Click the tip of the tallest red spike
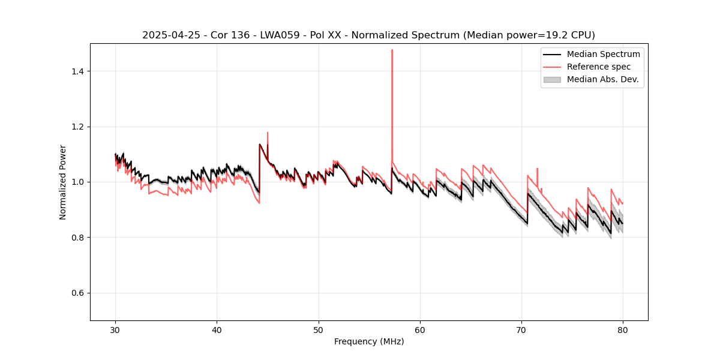click(392, 50)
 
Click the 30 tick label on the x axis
click(116, 330)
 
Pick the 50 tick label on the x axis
click(319, 330)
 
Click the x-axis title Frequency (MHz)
click(369, 341)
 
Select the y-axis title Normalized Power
click(63, 182)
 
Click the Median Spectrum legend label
click(603, 54)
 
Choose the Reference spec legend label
click(599, 67)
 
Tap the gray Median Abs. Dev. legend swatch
click(552, 79)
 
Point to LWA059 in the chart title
click(277, 35)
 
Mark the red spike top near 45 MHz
click(268, 133)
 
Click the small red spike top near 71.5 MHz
click(537, 169)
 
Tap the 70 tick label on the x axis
click(521, 330)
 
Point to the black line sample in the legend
click(552, 54)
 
